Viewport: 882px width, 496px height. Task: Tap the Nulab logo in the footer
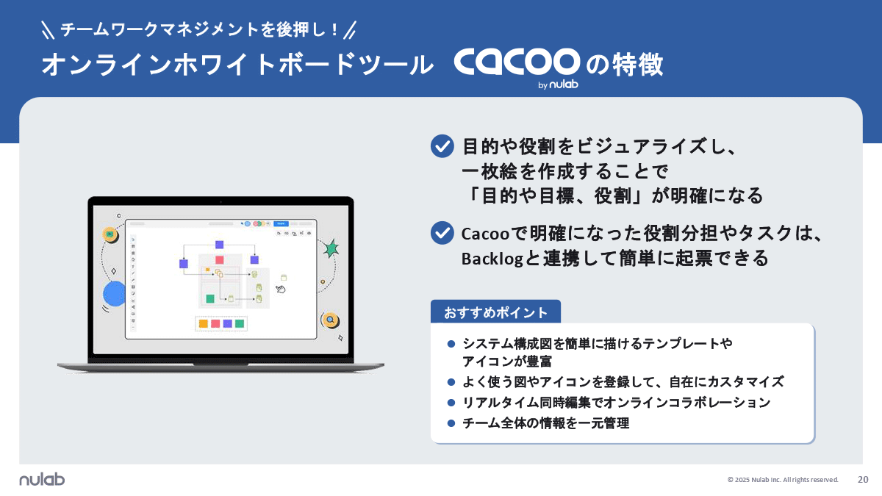(x=42, y=479)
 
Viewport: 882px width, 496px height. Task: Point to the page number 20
(x=863, y=479)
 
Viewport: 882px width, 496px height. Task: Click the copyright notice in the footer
(x=783, y=480)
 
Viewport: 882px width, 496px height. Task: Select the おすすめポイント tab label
(x=495, y=312)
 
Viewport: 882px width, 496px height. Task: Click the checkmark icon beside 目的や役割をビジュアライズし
(x=442, y=146)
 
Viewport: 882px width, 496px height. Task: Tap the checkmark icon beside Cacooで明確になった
(x=442, y=233)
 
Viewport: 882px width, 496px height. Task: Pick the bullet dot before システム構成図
(x=451, y=343)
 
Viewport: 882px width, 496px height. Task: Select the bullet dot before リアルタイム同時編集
(x=451, y=403)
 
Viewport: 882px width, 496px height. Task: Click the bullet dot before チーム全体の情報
(x=451, y=423)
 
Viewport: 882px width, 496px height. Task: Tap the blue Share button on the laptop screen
(x=279, y=223)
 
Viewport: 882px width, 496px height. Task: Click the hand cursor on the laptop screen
(x=280, y=289)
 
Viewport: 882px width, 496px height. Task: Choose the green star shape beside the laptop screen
(x=331, y=248)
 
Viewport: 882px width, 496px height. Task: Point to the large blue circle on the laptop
(x=115, y=293)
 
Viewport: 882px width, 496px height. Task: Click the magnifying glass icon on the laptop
(x=331, y=320)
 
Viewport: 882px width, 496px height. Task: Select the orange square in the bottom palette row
(x=204, y=323)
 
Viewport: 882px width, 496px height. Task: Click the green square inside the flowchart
(x=210, y=298)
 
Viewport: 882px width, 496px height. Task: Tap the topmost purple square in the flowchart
(x=219, y=245)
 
